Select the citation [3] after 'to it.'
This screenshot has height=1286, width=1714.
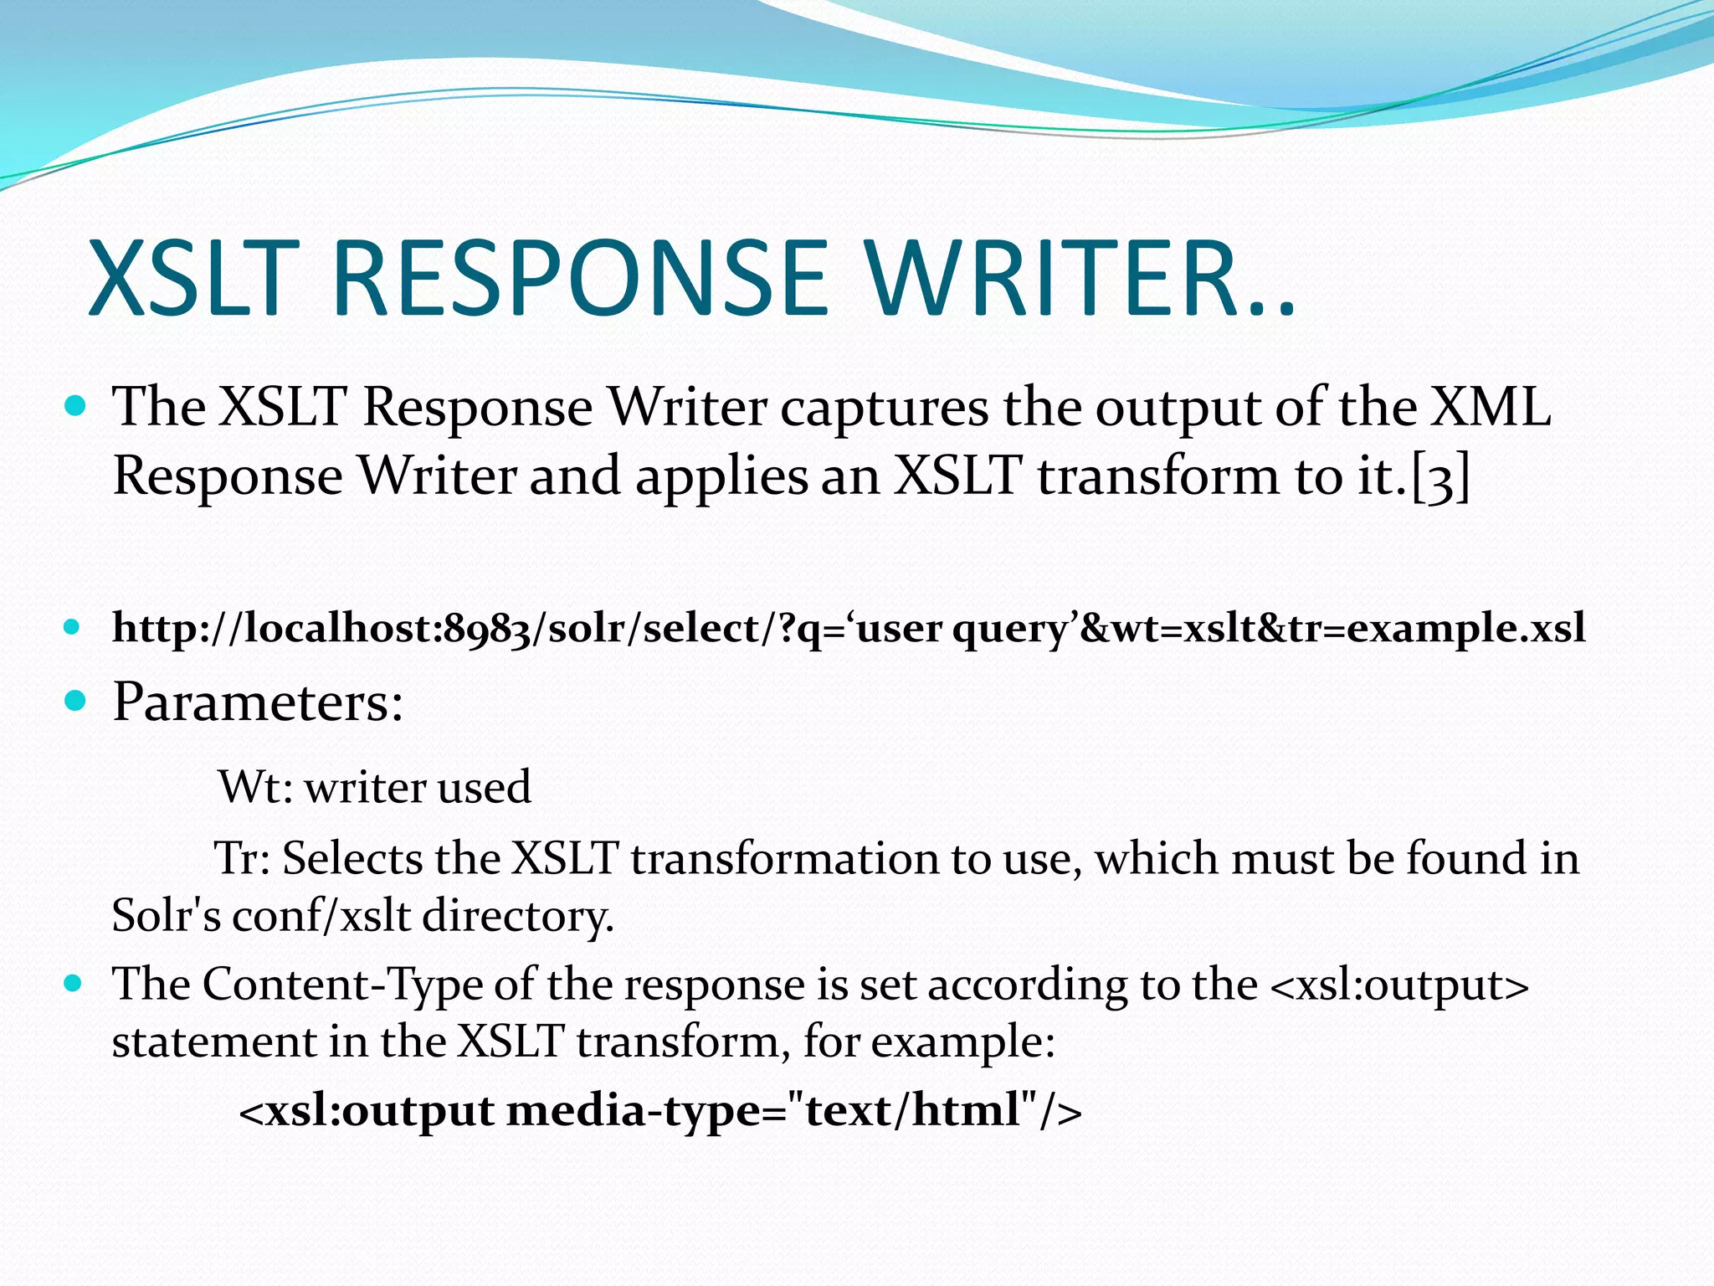(1440, 478)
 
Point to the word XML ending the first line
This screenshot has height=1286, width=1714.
(1489, 408)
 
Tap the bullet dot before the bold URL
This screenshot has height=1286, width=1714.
(74, 626)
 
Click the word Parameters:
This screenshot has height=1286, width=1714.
(258, 702)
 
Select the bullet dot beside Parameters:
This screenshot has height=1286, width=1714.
(75, 700)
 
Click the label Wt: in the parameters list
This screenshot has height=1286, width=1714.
(255, 788)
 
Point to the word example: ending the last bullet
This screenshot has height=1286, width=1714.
(962, 1042)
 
